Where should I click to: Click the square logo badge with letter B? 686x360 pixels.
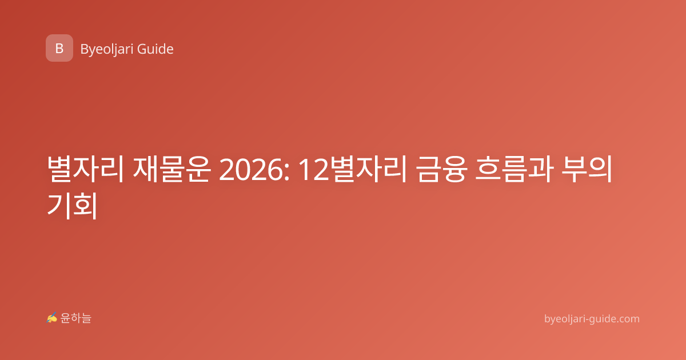pyautogui.click(x=59, y=48)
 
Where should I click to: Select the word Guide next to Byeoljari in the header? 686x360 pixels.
pyautogui.click(x=155, y=49)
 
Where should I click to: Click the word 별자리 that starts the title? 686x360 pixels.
pyautogui.click(x=85, y=169)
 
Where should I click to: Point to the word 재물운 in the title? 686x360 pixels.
pyautogui.click(x=171, y=169)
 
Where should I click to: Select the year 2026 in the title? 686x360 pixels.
pyautogui.click(x=251, y=170)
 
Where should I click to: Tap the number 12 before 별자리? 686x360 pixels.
pyautogui.click(x=314, y=170)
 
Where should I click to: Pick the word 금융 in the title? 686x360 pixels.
pyautogui.click(x=441, y=169)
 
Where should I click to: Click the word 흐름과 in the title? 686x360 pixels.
pyautogui.click(x=514, y=169)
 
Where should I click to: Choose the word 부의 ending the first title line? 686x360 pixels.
pyautogui.click(x=587, y=169)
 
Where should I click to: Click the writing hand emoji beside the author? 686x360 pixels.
pyautogui.click(x=51, y=318)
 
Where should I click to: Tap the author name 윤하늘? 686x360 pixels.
pyautogui.click(x=75, y=318)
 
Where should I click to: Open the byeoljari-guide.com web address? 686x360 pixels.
pyautogui.click(x=592, y=319)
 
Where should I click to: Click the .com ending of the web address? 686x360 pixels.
pyautogui.click(x=628, y=319)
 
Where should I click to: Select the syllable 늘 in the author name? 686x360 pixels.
pyautogui.click(x=86, y=318)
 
